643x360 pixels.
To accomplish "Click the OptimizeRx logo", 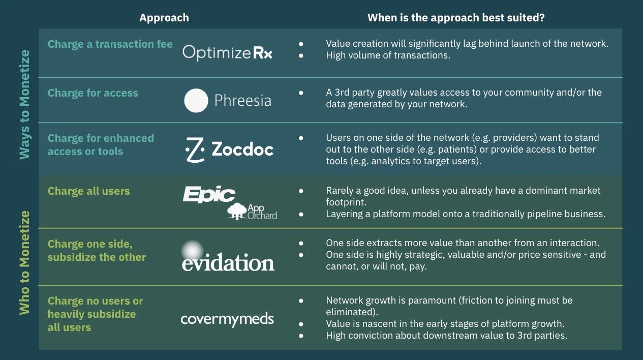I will click(x=227, y=52).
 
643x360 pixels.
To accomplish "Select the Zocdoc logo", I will click(x=228, y=149).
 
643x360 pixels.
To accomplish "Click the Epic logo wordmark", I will click(x=209, y=195).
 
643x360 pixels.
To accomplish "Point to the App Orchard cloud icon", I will click(x=236, y=211).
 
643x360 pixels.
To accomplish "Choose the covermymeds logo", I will click(x=227, y=319).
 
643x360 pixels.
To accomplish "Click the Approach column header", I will click(x=164, y=18).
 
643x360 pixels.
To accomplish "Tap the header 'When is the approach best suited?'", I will click(x=456, y=18).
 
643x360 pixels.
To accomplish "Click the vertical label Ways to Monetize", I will click(x=25, y=104).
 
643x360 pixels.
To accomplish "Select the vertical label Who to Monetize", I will click(x=25, y=263).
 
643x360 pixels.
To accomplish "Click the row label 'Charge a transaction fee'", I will click(x=110, y=44).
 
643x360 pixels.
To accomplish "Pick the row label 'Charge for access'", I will click(x=93, y=93).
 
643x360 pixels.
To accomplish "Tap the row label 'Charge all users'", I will click(x=89, y=191).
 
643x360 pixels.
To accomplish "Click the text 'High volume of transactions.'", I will click(x=388, y=55).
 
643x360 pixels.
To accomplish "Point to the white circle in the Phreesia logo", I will click(x=196, y=100).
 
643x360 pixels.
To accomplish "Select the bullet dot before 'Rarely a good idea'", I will click(x=301, y=191).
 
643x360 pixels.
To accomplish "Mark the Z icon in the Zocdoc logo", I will click(x=194, y=149).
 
